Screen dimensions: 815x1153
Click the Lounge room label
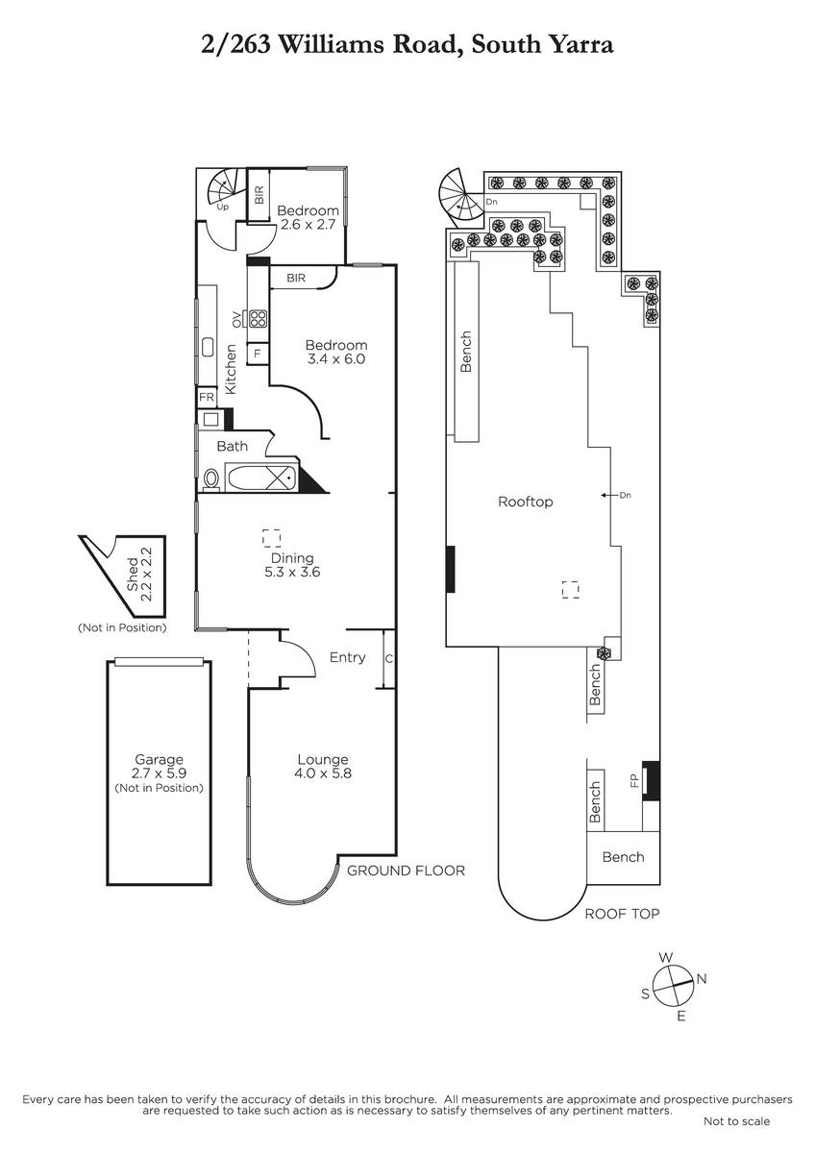323,766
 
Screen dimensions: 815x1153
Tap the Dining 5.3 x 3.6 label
292,565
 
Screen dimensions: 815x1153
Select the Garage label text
159,759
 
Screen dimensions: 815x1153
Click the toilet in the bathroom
211,479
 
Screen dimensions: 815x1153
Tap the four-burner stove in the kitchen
258,319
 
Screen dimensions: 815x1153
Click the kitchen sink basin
208,347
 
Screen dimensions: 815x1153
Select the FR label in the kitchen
207,397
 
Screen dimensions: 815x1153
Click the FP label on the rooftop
633,780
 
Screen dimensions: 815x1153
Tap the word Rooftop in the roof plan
525,502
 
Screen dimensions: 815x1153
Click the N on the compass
702,978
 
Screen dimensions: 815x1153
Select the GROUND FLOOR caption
406,871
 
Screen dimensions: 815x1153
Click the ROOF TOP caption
622,914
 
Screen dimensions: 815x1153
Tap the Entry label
348,657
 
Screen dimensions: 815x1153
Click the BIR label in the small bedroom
259,194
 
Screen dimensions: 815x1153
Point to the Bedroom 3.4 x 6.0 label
336,352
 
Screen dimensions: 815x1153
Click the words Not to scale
736,1121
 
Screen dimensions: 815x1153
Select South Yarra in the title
542,44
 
